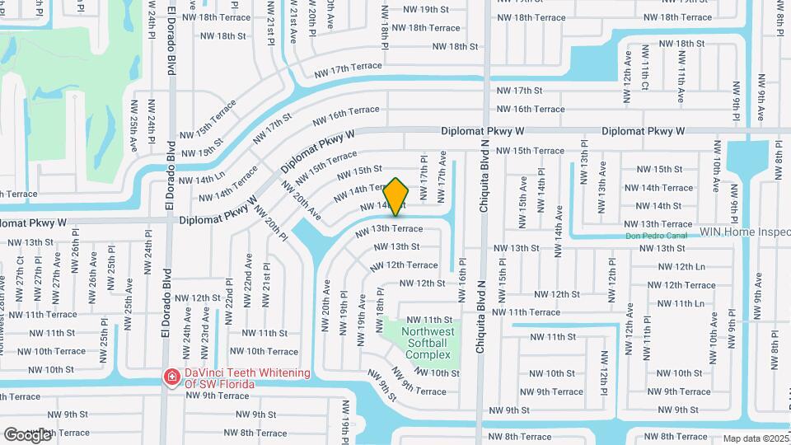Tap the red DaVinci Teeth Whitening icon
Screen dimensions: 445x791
(x=171, y=377)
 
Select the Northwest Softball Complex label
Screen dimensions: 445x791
(x=428, y=343)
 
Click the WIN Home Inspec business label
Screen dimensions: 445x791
(x=745, y=232)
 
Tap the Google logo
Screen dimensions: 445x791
(x=27, y=434)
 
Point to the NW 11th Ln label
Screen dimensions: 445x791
(x=681, y=303)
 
